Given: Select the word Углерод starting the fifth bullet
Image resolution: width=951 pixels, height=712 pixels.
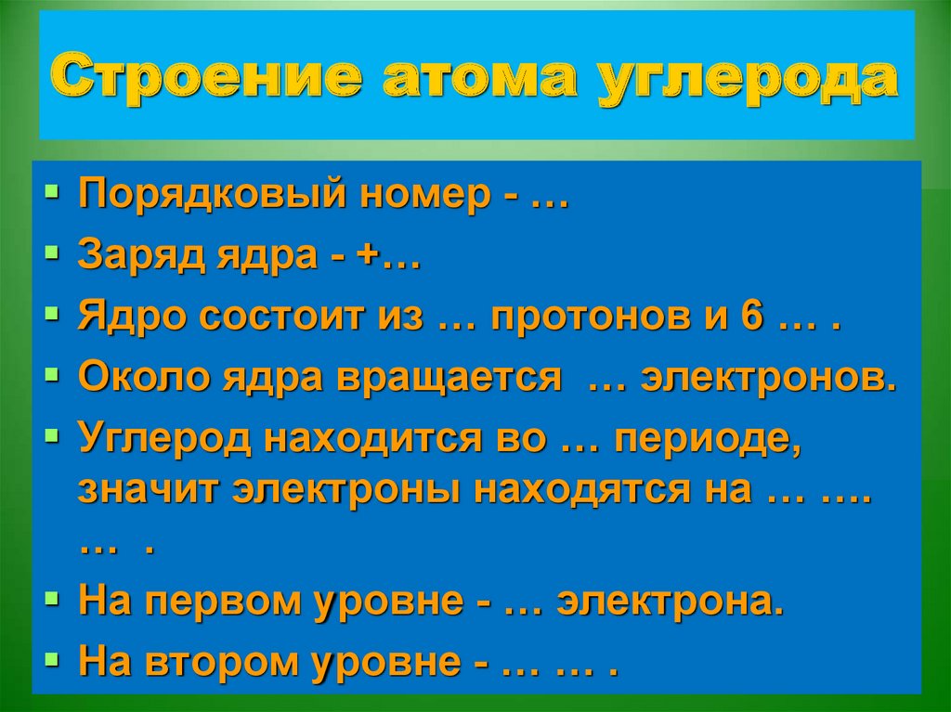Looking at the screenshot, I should click(164, 438).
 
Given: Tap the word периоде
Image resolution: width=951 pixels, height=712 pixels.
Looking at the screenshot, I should click(706, 439).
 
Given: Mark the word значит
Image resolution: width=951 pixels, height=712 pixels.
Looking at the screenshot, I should click(147, 489).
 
